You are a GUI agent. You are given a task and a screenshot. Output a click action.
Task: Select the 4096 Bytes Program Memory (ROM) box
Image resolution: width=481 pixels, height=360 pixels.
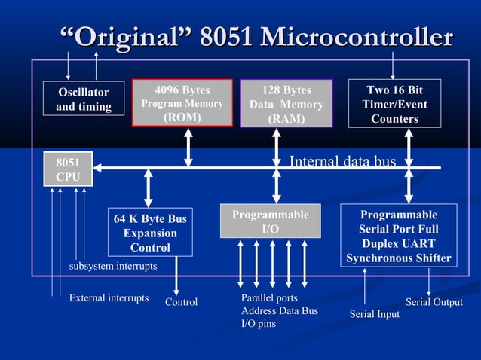182,103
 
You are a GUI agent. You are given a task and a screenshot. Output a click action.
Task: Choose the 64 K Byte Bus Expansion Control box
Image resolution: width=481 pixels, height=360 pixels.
150,233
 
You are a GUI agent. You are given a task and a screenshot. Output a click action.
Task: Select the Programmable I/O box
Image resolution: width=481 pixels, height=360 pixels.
270,221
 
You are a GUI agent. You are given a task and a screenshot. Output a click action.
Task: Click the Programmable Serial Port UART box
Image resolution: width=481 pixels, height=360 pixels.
399,236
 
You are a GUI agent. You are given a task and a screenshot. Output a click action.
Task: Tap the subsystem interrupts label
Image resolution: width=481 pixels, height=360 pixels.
113,267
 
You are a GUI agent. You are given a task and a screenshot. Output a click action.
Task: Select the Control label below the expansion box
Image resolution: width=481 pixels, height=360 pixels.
181,302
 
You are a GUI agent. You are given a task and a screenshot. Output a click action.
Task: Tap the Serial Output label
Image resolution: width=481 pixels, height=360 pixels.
434,302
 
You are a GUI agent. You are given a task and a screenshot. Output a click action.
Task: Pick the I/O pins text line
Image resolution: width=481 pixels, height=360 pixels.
258,323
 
